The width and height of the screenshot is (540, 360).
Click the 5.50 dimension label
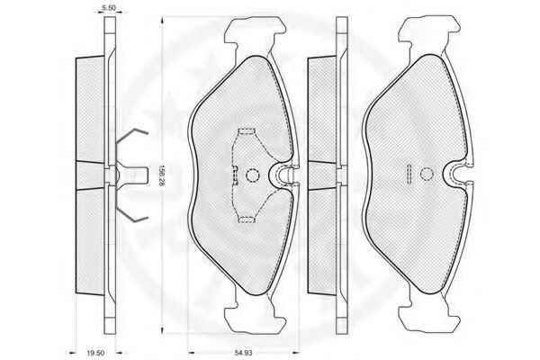(109, 7)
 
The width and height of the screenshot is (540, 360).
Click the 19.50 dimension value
(95, 353)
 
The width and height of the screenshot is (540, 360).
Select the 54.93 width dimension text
(244, 353)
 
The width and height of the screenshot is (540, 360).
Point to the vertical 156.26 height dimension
(161, 175)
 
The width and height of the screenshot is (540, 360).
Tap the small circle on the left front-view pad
(252, 175)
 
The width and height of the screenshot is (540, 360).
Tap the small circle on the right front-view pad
(427, 175)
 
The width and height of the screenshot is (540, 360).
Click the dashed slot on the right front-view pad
(409, 174)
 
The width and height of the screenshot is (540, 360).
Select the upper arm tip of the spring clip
(147, 132)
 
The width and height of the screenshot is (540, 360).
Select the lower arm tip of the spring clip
(147, 218)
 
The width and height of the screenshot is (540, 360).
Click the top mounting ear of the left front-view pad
(255, 31)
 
